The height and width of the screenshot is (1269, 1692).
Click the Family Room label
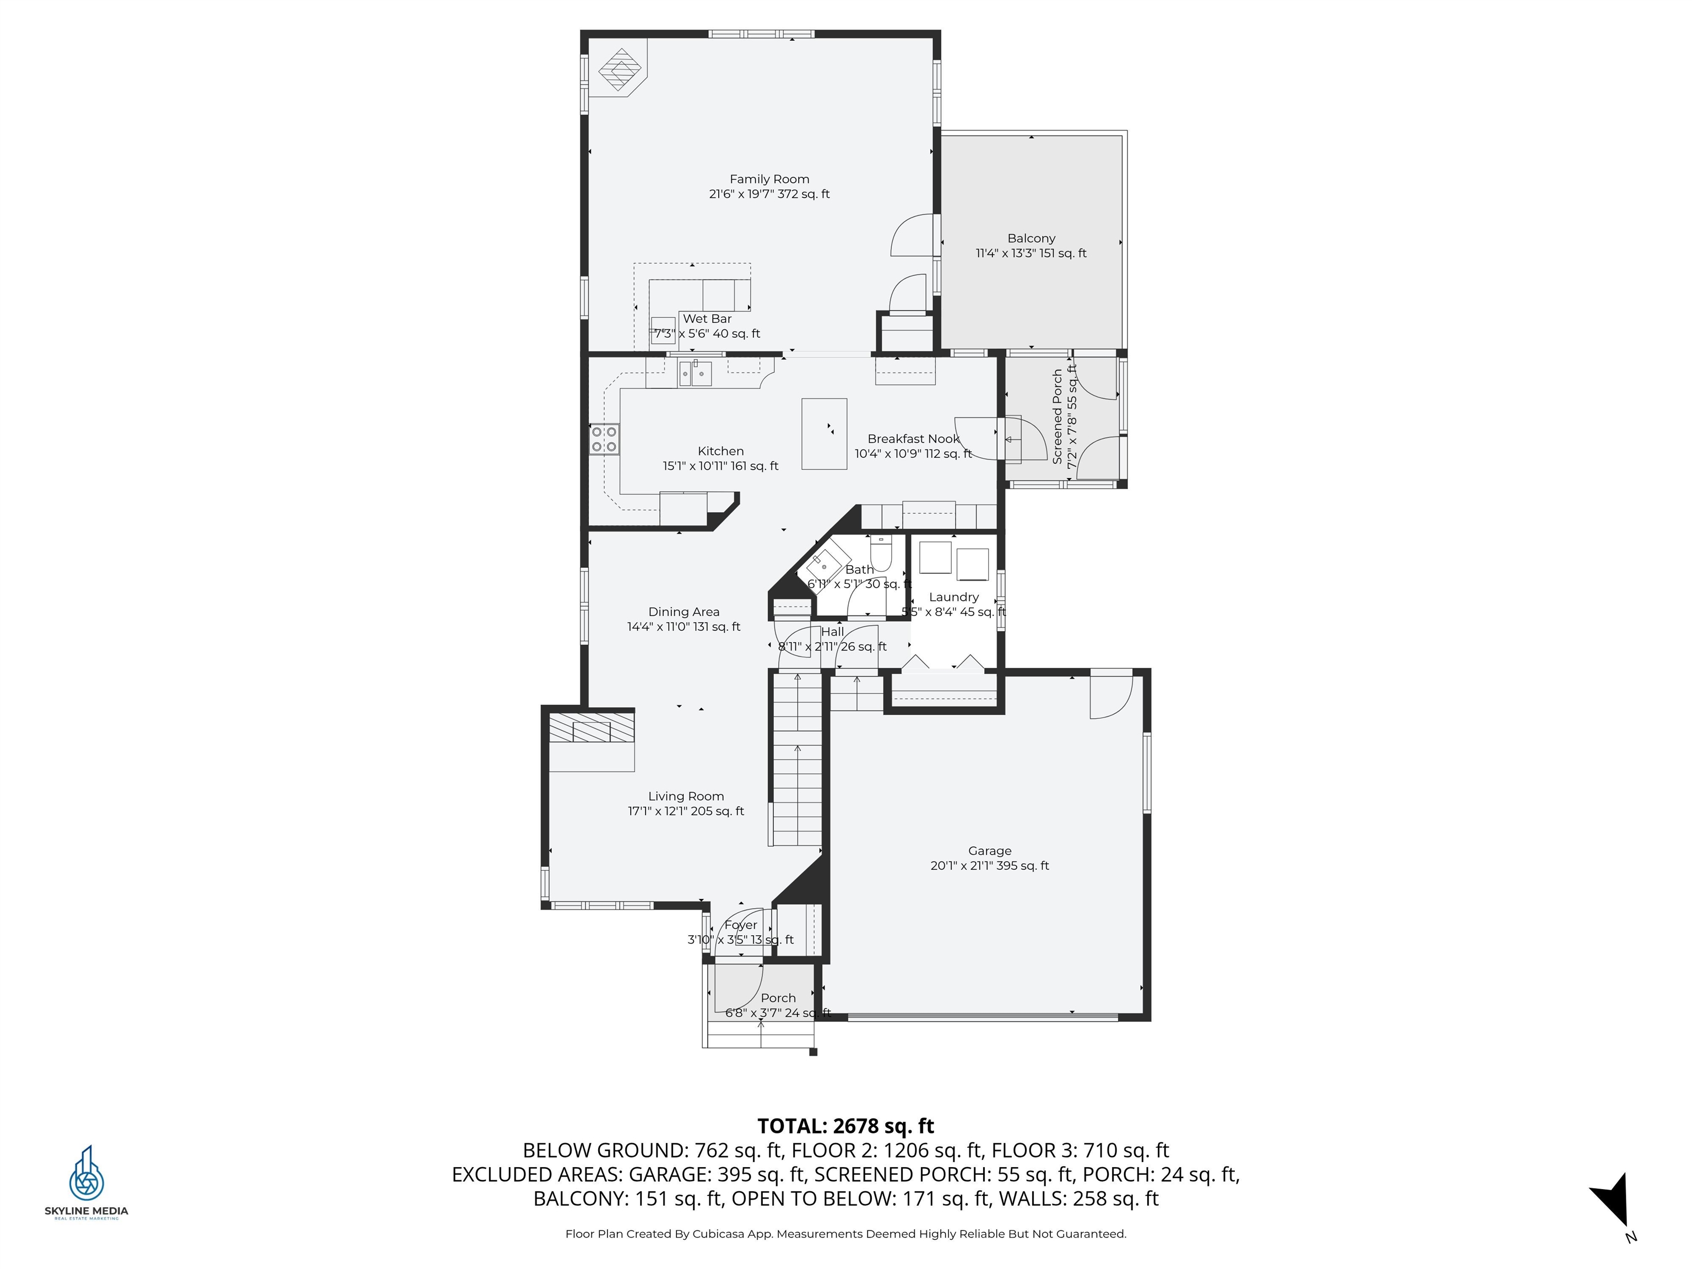coord(769,179)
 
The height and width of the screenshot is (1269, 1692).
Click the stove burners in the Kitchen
coord(604,439)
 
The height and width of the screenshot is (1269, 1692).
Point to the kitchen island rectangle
coord(824,433)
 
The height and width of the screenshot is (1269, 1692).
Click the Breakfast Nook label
coord(913,439)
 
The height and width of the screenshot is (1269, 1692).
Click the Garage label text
coord(990,850)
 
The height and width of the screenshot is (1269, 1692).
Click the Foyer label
coord(740,925)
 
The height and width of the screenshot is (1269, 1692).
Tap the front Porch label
coord(778,998)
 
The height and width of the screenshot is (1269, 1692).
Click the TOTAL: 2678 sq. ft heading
coord(845,1126)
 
